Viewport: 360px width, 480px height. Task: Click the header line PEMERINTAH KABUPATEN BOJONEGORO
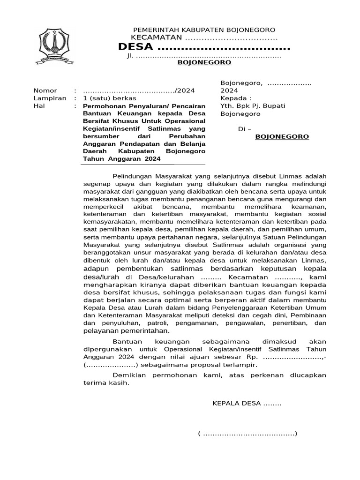coord(204,30)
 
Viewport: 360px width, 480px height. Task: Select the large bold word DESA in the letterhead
coord(135,47)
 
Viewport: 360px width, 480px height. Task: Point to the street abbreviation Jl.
coord(130,56)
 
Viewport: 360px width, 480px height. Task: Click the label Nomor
coord(45,90)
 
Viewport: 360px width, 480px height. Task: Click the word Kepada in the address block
coord(233,98)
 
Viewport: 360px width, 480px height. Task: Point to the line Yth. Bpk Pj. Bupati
coord(253,106)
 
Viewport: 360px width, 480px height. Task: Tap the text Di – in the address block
coord(245,129)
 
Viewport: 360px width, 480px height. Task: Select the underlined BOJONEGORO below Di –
coord(282,137)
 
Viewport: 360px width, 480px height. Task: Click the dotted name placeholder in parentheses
coord(247,434)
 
